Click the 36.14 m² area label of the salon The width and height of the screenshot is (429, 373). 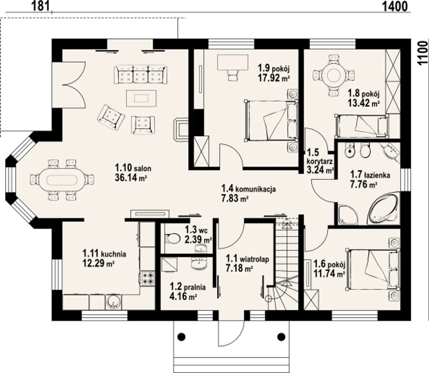coord(130,177)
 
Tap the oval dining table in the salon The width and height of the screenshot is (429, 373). coord(62,180)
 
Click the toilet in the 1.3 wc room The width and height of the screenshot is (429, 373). coord(173,239)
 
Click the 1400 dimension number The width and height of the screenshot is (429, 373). coord(395,6)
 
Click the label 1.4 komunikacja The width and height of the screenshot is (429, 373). coord(248,189)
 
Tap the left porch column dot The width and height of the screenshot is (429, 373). coord(182,337)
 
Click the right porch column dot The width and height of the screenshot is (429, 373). coord(282,337)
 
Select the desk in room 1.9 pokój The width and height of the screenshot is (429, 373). coord(233,62)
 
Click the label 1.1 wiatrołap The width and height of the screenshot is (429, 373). coord(247,259)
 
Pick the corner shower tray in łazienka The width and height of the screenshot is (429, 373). coord(348,215)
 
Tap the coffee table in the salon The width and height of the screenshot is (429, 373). coord(141,98)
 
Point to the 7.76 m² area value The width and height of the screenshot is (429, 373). coord(364,184)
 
